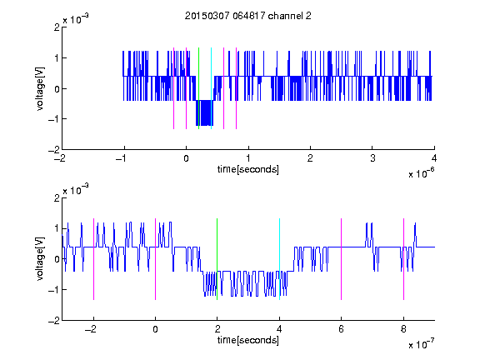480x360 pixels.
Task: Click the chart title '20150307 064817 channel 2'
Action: click(248, 16)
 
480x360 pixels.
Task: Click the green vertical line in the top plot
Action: click(198, 88)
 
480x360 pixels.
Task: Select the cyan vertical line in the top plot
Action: click(211, 88)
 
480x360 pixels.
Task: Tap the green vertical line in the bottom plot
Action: click(217, 259)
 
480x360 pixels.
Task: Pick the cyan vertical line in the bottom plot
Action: click(279, 259)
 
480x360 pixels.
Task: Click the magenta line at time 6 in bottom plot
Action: click(342, 259)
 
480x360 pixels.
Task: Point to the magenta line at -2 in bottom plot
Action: click(93, 259)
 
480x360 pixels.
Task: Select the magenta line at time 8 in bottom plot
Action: click(404, 259)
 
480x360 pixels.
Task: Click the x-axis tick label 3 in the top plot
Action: click(372, 158)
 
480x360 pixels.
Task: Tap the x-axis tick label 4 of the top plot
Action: click(434, 158)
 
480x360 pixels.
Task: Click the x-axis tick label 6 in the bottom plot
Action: click(342, 329)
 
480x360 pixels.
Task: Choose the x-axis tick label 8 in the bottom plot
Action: click(403, 329)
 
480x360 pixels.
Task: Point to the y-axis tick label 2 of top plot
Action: click(57, 27)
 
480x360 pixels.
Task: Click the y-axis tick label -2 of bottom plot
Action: click(54, 321)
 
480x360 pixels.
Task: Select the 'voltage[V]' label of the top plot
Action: click(40, 88)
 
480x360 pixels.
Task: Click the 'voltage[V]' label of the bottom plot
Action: click(40, 259)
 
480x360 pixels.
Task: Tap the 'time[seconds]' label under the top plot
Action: click(248, 169)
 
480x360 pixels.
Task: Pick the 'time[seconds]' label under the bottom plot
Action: click(248, 340)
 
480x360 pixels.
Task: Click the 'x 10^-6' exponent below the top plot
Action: click(421, 173)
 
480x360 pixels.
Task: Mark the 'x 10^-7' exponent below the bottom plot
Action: click(421, 344)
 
